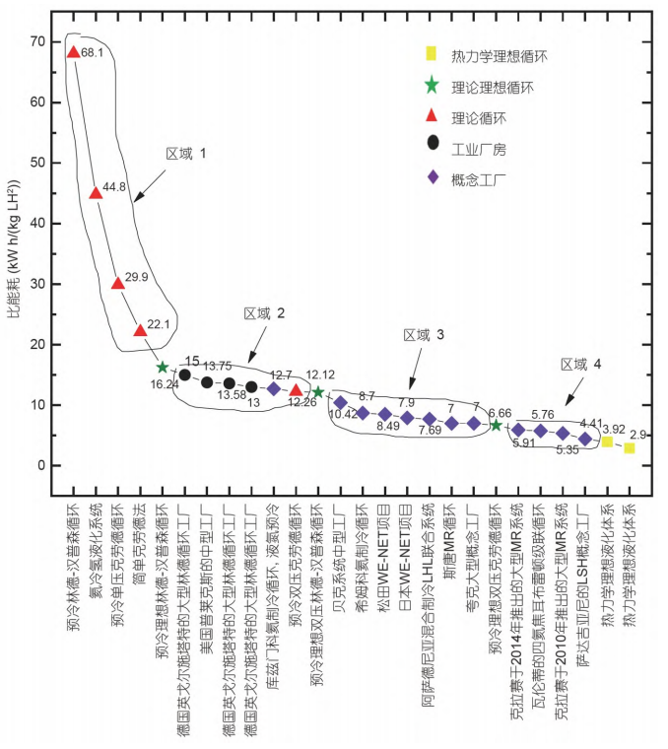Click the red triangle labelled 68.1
[x=73, y=52]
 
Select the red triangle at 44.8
[x=96, y=193]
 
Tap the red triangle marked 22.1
[x=140, y=330]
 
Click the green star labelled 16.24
[x=163, y=368]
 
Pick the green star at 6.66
[x=496, y=425]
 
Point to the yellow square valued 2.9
[x=629, y=448]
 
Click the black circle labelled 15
[x=184, y=374]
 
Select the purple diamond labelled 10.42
[x=340, y=402]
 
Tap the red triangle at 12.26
[x=296, y=391]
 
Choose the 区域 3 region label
[x=424, y=335]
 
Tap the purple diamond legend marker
[x=433, y=178]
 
